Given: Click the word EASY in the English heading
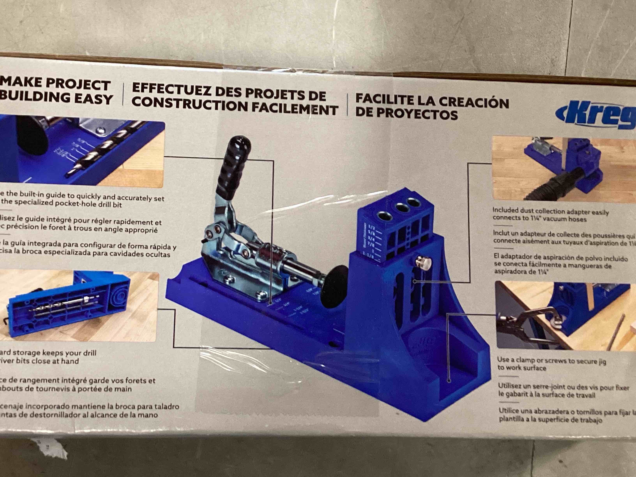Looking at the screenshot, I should [94, 99].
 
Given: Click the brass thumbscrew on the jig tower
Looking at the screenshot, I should [423, 263].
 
